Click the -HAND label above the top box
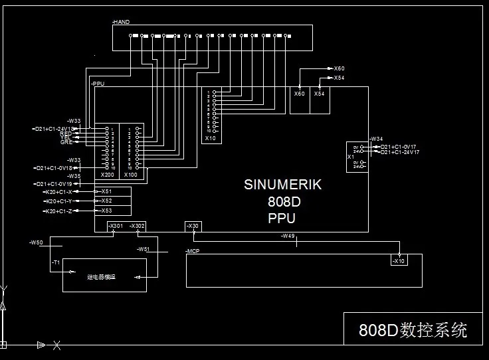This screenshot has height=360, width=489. (121, 22)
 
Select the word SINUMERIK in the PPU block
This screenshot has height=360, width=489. (282, 185)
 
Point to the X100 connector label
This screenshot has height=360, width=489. (130, 174)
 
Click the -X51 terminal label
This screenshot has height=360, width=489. (105, 191)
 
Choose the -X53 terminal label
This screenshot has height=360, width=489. (105, 211)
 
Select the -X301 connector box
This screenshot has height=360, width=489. (116, 226)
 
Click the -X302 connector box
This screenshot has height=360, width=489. (137, 226)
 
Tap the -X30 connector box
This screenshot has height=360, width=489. (192, 226)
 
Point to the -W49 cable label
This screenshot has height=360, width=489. (287, 236)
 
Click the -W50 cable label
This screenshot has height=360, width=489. (37, 243)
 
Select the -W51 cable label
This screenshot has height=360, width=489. (143, 249)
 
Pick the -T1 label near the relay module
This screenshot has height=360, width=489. (56, 262)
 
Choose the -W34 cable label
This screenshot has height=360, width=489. (377, 138)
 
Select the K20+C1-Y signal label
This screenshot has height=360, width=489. (61, 201)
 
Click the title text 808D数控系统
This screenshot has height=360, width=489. (413, 329)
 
